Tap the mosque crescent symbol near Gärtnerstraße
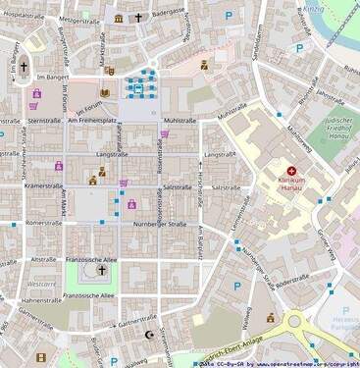(x=149, y=335)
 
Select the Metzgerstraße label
(x=79, y=20)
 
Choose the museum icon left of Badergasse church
(x=119, y=19)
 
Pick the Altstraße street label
(x=43, y=259)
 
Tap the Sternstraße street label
(x=44, y=120)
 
